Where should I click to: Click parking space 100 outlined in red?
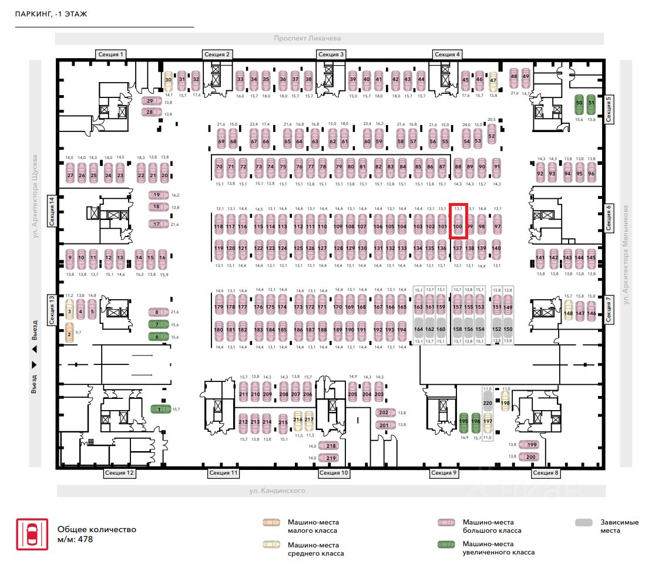[x=458, y=221]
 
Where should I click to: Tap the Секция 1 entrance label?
[x=111, y=55]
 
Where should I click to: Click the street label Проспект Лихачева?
[x=307, y=39]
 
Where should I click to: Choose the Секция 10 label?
[x=334, y=473]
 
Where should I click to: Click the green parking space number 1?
[x=158, y=409]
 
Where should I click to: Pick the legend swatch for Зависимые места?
[x=584, y=522]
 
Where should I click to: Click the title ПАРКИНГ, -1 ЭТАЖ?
[x=51, y=14]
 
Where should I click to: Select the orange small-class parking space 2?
[x=69, y=334]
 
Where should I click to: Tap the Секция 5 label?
[x=609, y=109]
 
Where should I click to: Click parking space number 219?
[x=331, y=458]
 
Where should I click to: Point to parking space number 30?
[x=168, y=80]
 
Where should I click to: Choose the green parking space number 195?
[x=463, y=421]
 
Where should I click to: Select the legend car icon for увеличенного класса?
[x=447, y=544]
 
